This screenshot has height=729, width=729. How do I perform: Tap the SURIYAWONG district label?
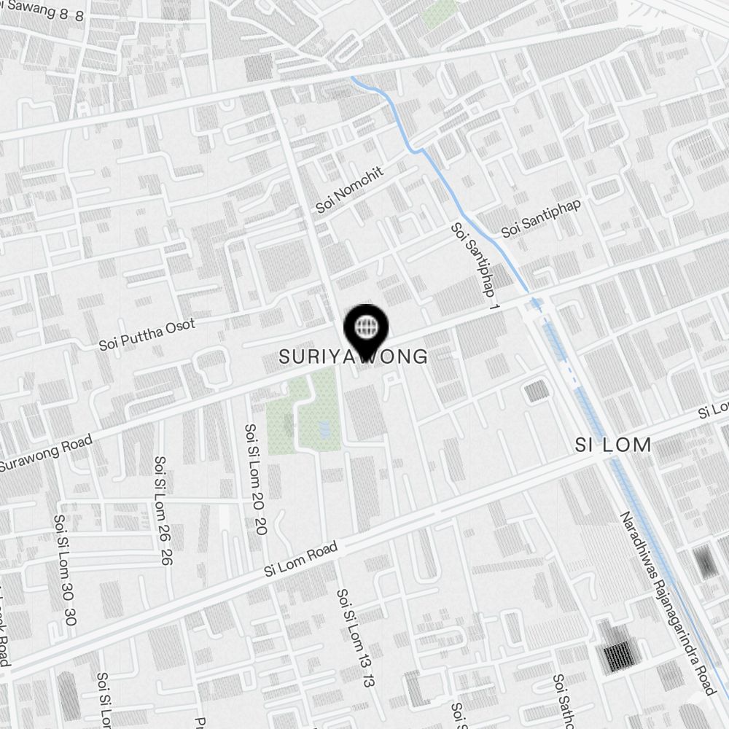(x=354, y=356)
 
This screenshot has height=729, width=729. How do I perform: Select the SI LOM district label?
(x=612, y=445)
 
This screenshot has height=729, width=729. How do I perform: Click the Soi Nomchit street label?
(x=349, y=189)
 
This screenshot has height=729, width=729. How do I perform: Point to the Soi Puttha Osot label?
(x=147, y=334)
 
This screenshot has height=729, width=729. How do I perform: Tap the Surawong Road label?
(x=45, y=454)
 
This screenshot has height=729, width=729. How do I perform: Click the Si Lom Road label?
(x=301, y=560)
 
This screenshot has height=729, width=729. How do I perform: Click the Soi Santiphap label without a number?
(x=541, y=217)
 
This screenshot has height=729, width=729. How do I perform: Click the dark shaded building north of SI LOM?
(x=537, y=391)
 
